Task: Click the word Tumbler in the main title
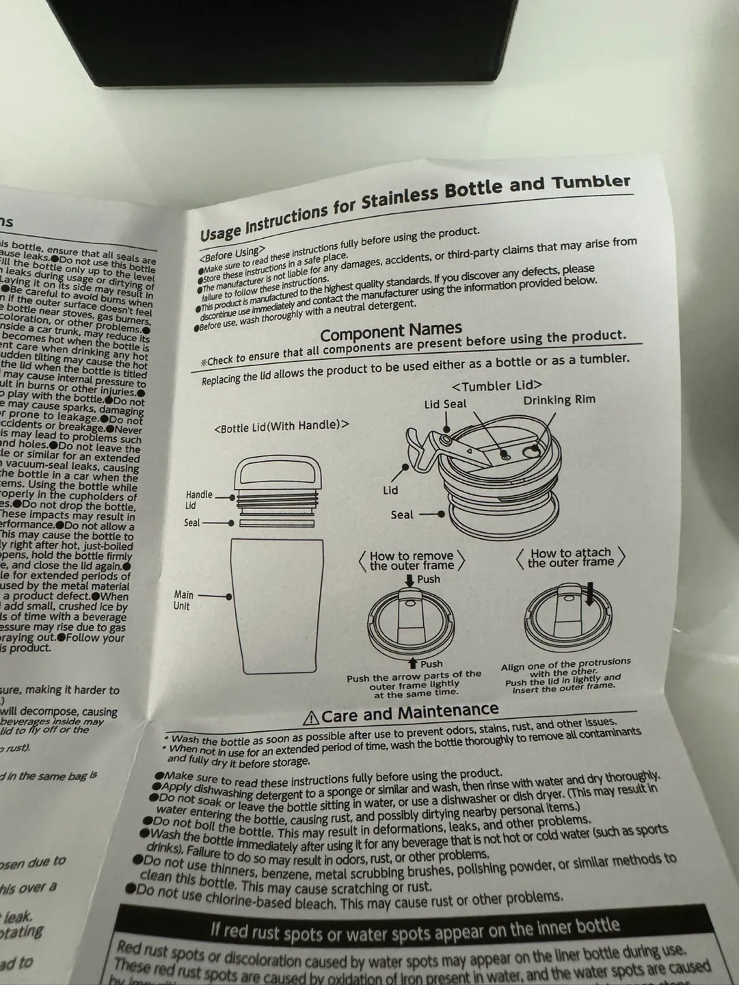[x=591, y=182]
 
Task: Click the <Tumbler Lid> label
[x=497, y=386]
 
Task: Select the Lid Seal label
[x=445, y=404]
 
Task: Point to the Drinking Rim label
[x=559, y=400]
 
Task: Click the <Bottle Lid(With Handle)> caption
[x=281, y=426]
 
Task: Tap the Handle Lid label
[x=199, y=500]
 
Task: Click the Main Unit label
[x=183, y=601]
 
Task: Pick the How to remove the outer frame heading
[x=412, y=561]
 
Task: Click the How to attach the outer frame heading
[x=571, y=557]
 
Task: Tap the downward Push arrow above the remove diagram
[x=409, y=580]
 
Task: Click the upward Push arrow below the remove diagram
[x=413, y=664]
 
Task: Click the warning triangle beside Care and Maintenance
[x=311, y=718]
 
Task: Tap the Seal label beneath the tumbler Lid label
[x=402, y=515]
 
